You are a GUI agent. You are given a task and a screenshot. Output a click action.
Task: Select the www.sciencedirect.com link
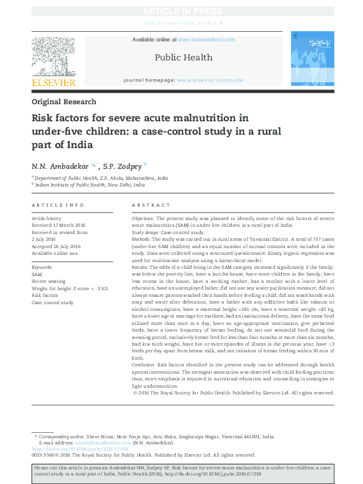coord(206,40)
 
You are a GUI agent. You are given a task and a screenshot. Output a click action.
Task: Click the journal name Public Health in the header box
coord(184,57)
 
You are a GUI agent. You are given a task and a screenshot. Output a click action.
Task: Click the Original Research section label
coord(64,102)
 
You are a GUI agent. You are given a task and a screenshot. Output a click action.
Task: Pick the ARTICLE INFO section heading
coord(58,206)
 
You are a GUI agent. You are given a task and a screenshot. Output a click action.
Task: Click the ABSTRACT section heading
coord(147,206)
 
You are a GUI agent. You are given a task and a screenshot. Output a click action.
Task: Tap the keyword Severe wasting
coord(48,281)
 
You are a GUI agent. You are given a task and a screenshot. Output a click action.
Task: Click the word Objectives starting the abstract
coord(143,218)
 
